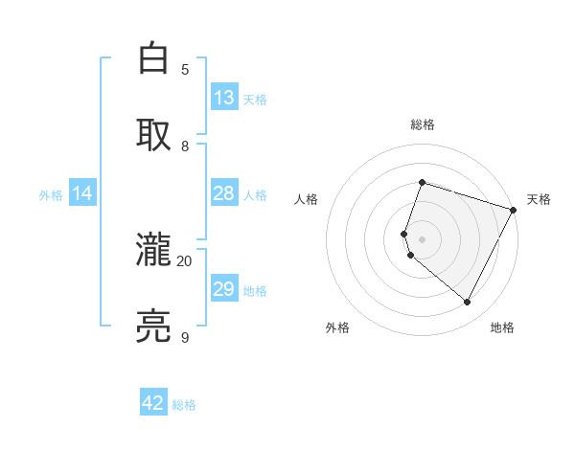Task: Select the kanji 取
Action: coord(153,134)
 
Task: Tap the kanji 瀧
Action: coord(153,252)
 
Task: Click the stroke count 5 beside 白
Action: coord(185,69)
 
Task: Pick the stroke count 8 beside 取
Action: coord(185,146)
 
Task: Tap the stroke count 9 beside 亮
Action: coord(185,337)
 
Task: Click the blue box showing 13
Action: coord(224,98)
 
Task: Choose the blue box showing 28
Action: coord(224,193)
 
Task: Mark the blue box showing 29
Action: coord(224,289)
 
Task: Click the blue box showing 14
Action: coord(82,193)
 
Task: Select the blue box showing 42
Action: coord(153,403)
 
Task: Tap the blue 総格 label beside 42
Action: coord(184,405)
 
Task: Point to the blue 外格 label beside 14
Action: coord(51,195)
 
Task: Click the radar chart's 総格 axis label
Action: coord(423,124)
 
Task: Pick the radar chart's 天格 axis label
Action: coord(540,199)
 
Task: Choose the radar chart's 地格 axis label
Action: coord(502,327)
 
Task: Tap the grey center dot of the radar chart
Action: coord(423,239)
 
